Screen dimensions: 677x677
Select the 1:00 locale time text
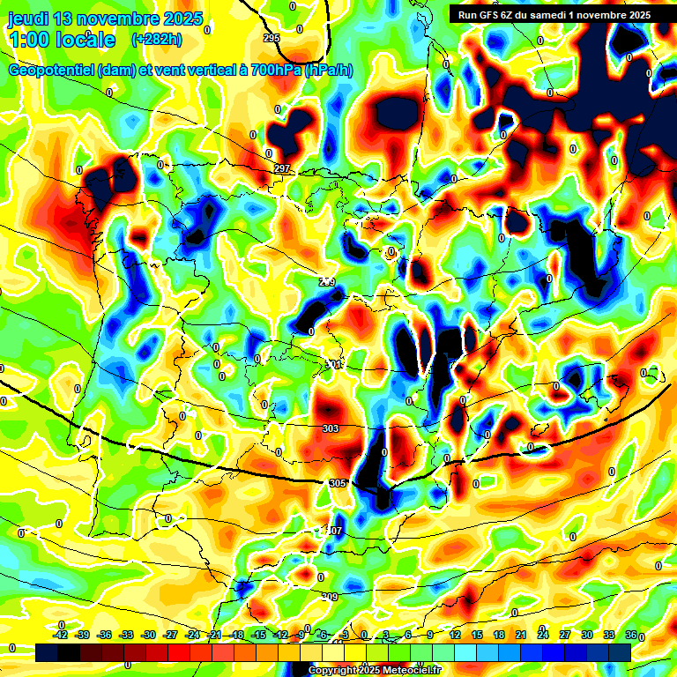pyautogui.click(x=62, y=40)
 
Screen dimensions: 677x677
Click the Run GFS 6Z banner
pyautogui.click(x=550, y=15)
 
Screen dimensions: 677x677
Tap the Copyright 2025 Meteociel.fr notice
pyautogui.click(x=364, y=671)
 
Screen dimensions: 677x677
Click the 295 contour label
pyautogui.click(x=272, y=37)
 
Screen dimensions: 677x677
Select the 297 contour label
pyautogui.click(x=282, y=168)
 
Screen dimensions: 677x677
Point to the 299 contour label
pyautogui.click(x=327, y=282)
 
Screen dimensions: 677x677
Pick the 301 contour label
pyautogui.click(x=333, y=364)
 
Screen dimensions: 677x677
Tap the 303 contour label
pyautogui.click(x=331, y=428)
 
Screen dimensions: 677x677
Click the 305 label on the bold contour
pyautogui.click(x=337, y=483)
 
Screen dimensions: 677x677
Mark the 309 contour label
pyautogui.click(x=329, y=597)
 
